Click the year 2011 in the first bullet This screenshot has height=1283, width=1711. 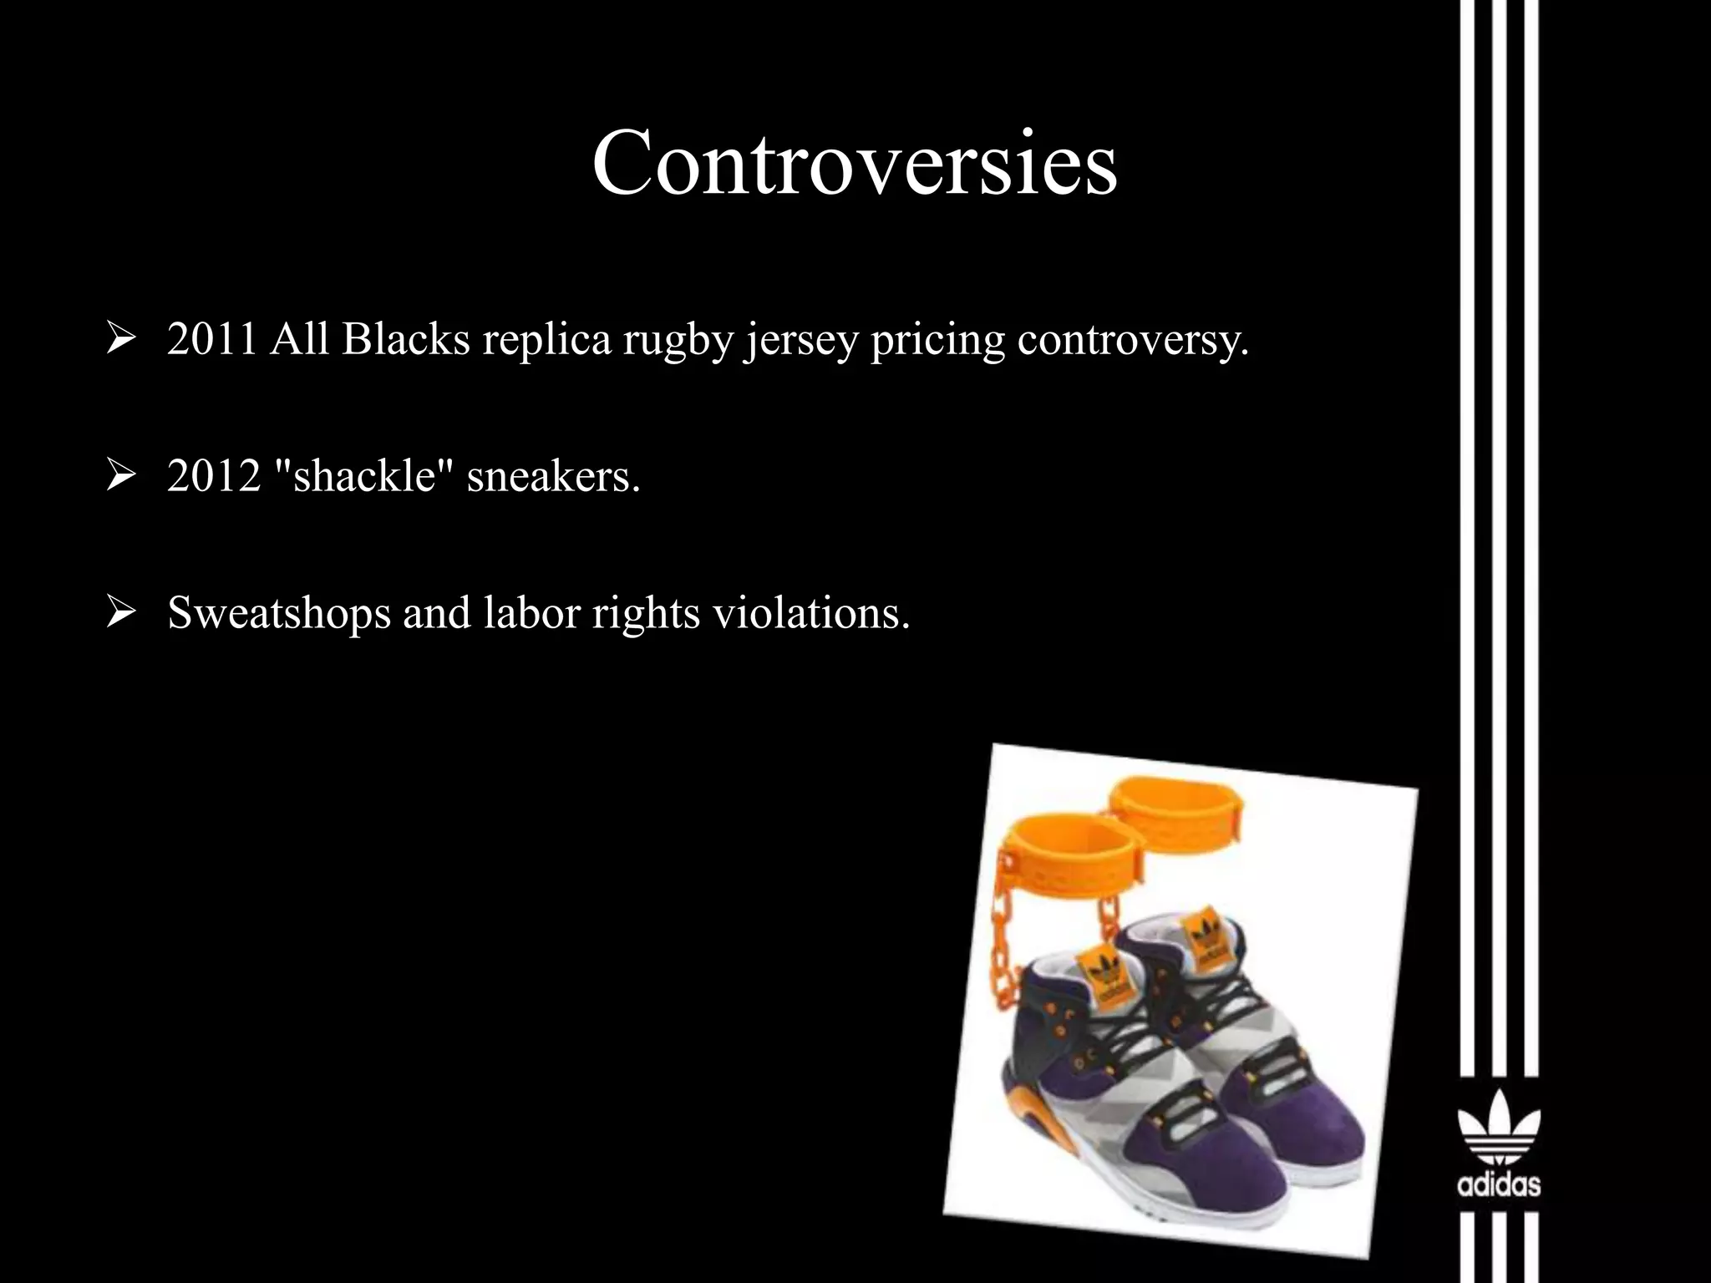click(x=211, y=339)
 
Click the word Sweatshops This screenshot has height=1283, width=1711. click(x=278, y=613)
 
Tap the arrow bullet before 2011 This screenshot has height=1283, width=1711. click(x=121, y=340)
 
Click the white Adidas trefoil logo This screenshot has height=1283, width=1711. click(x=1499, y=1128)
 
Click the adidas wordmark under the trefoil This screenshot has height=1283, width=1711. click(x=1499, y=1184)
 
